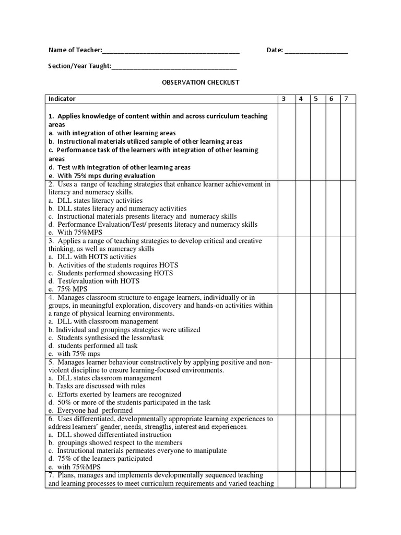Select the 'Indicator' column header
(62, 99)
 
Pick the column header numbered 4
(301, 99)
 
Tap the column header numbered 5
(316, 99)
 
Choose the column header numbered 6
(332, 99)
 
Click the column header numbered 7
(347, 99)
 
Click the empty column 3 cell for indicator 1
(286, 142)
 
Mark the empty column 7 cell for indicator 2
(347, 208)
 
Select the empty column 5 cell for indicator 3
(316, 265)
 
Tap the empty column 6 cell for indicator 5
(332, 386)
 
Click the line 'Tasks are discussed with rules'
(93, 386)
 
